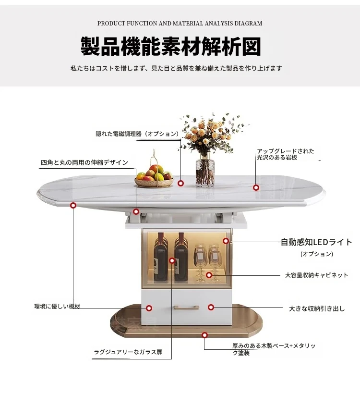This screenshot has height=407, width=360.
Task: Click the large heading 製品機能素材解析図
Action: point(171,46)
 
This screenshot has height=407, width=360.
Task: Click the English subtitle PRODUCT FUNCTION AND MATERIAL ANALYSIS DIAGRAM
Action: point(180,24)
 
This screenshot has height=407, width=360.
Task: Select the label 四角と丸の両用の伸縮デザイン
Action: point(84,162)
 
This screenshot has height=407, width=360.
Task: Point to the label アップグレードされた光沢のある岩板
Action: point(285,154)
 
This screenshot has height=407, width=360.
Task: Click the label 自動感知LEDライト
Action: point(316,242)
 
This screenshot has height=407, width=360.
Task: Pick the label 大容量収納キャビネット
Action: point(316,275)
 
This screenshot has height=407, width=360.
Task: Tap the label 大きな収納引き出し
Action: point(317,308)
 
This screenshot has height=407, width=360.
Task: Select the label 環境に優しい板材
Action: point(57,306)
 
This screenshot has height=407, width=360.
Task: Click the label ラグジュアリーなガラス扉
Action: point(128,352)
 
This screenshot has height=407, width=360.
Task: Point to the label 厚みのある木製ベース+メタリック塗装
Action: point(274,349)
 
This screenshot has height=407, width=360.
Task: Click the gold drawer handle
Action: point(186,308)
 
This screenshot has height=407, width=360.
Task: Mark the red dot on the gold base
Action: point(205,335)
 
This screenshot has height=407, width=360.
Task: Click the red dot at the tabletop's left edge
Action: point(73,205)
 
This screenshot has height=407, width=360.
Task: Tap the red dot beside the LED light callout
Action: point(226,241)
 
